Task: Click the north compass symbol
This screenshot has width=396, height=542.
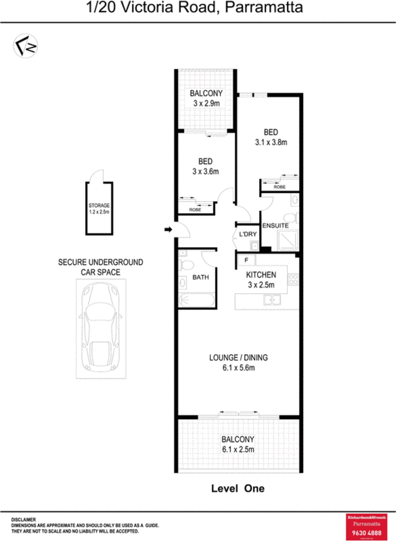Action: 25,46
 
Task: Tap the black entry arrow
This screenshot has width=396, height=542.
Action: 168,230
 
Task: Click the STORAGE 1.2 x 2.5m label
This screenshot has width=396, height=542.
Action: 99,209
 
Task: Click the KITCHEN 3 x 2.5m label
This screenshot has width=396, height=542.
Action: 261,279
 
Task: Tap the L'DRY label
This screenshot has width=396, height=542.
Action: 247,234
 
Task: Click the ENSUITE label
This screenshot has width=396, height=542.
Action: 275,226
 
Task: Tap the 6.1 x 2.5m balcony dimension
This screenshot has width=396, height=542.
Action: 238,450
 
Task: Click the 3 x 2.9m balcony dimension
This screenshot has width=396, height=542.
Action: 206,103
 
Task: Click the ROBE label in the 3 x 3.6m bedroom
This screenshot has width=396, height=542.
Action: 195,209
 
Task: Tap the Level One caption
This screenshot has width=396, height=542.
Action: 238,489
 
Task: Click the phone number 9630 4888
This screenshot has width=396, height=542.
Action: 366,533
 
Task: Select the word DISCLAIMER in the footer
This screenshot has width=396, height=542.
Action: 24,519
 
